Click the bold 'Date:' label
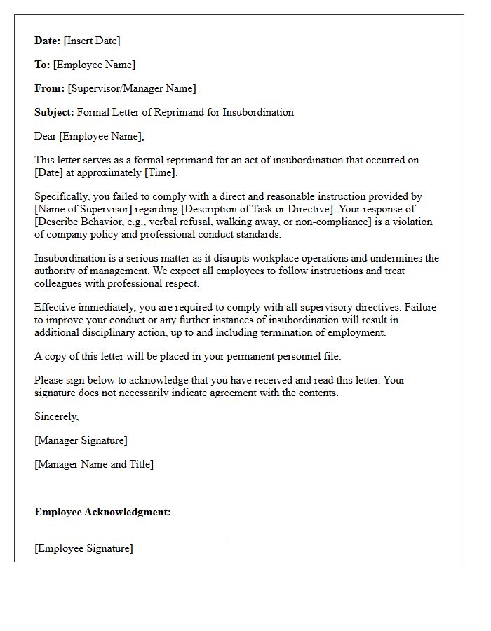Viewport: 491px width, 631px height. click(48, 41)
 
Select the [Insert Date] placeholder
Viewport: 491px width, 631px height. click(92, 41)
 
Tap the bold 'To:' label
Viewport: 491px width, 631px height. click(42, 65)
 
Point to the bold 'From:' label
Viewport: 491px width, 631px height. click(49, 88)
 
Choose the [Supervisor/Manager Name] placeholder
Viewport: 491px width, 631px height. click(132, 88)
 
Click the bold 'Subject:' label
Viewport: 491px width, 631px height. click(54, 112)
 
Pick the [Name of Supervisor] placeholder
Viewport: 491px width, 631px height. click(79, 209)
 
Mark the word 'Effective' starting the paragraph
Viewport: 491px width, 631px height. click(55, 307)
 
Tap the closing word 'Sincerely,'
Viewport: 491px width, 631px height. click(57, 416)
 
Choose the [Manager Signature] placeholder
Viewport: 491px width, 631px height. click(81, 440)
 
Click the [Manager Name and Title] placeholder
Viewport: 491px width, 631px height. click(94, 464)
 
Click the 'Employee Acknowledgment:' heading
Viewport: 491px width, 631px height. click(102, 512)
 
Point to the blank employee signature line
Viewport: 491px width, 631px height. click(130, 540)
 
